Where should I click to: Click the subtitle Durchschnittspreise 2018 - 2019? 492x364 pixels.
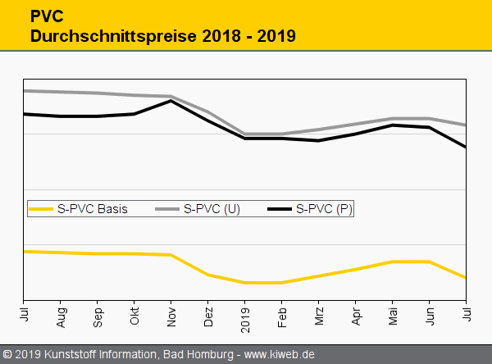[x=162, y=36]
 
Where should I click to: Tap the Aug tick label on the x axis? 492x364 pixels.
[x=61, y=316]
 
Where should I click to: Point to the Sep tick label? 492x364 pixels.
[x=98, y=316]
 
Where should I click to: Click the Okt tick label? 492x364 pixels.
[x=134, y=316]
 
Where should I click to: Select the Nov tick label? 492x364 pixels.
[x=171, y=316]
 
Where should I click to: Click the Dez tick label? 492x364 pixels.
[x=208, y=316]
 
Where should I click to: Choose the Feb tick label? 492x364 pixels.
[x=282, y=316]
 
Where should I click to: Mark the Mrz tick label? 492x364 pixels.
[x=319, y=316]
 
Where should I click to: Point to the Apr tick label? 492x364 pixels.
[x=356, y=316]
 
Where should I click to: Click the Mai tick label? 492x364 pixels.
[x=393, y=316]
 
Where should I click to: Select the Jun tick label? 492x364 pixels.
[x=430, y=316]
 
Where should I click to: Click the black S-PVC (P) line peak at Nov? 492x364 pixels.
[x=171, y=101]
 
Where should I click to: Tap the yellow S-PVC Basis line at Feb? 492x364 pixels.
[x=281, y=283]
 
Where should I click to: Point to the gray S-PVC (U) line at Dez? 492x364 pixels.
[x=207, y=112]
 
